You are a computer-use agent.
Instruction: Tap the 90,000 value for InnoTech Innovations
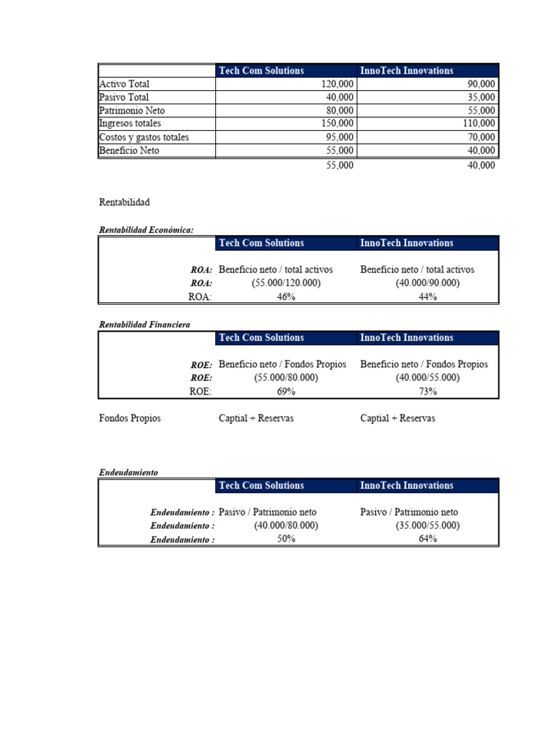tap(480, 84)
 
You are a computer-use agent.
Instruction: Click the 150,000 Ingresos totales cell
tap(337, 124)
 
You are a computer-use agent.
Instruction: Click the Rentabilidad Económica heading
tap(146, 229)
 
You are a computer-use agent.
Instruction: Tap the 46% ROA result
tap(286, 297)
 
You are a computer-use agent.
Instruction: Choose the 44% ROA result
tap(427, 297)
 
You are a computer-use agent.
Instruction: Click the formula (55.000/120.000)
tap(286, 284)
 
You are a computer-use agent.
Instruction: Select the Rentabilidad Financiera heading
tap(144, 325)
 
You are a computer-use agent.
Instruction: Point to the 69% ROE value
tap(286, 392)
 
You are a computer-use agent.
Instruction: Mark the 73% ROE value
tap(427, 392)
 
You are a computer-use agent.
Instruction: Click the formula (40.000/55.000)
tap(427, 378)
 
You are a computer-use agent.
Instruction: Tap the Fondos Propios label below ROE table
tap(129, 418)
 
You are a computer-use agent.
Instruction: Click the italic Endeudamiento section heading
tap(128, 473)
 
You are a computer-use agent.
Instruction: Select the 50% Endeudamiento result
tap(286, 540)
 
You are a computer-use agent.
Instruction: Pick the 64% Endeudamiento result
tap(427, 540)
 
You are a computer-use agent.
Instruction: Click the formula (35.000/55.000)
tap(427, 526)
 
